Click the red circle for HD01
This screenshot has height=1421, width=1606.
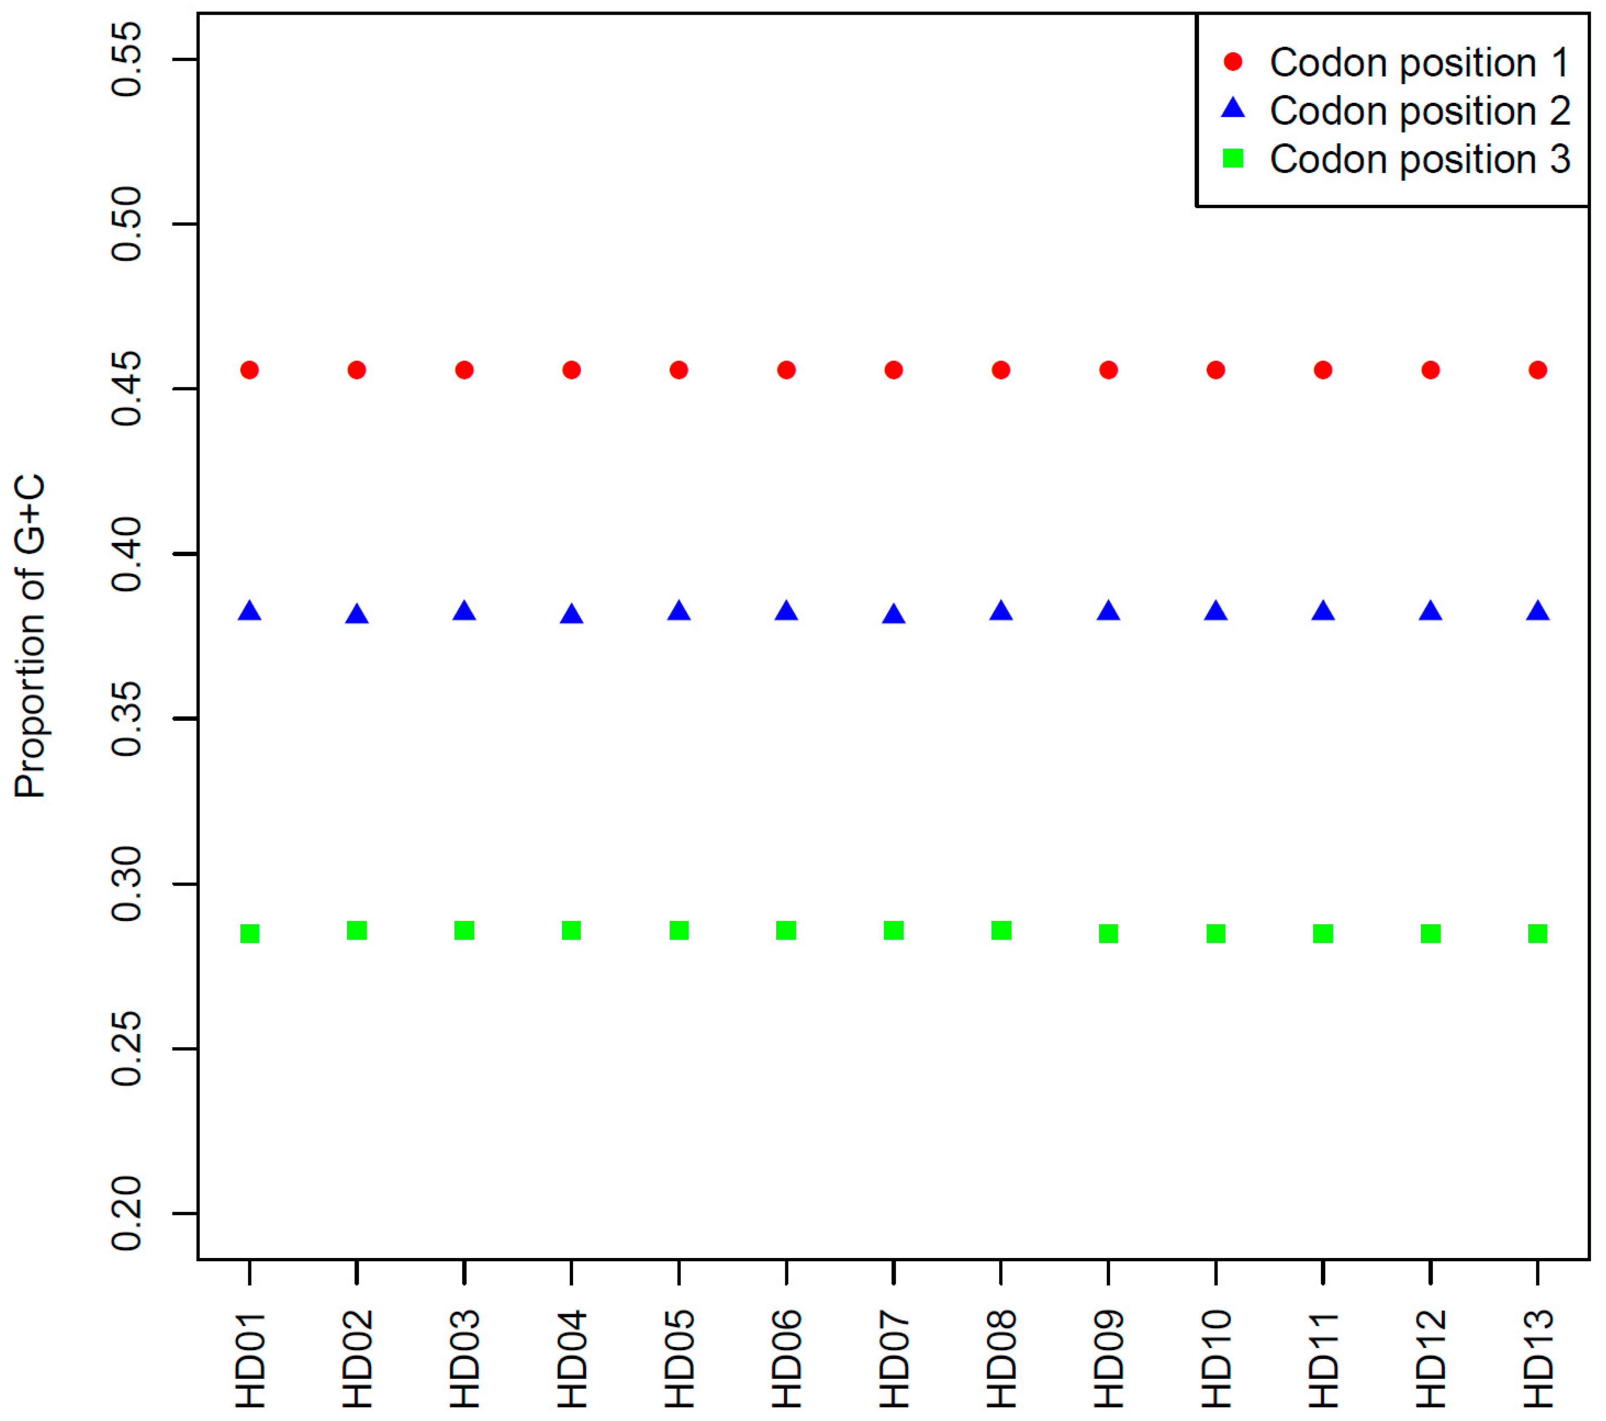250,370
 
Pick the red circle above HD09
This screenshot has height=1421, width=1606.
1108,370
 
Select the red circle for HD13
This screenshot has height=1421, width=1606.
1538,370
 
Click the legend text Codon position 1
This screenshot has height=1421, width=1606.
1419,63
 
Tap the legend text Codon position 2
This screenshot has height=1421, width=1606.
1419,111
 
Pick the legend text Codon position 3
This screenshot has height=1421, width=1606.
1419,159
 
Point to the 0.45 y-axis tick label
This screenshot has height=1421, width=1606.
127,389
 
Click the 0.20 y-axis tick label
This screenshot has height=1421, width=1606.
127,1214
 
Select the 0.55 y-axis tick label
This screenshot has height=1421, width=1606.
127,60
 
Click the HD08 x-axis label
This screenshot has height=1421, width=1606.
1001,1359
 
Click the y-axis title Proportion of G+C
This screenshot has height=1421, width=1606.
30,636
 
